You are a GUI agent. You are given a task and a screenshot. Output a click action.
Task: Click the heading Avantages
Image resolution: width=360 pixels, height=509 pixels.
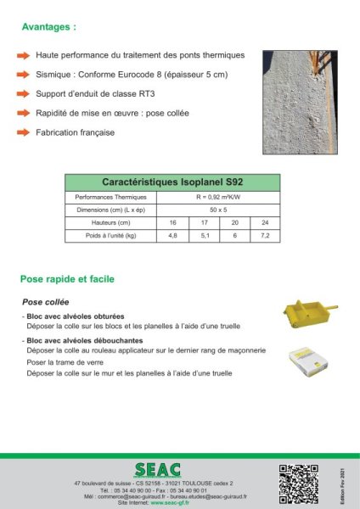point(49,27)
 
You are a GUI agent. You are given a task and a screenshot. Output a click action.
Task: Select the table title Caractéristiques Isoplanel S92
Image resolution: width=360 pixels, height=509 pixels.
point(172,182)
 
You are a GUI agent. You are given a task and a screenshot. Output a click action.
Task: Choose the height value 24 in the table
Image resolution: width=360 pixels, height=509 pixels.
point(265,221)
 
